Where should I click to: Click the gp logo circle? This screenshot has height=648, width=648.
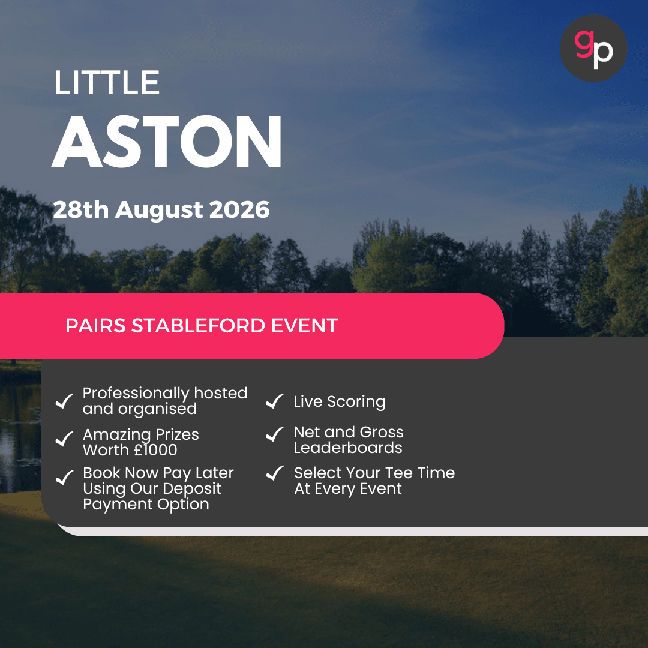(593, 48)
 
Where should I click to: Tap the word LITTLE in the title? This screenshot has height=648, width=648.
(107, 83)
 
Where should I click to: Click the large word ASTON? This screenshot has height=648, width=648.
(167, 141)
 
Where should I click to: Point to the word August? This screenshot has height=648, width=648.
(160, 210)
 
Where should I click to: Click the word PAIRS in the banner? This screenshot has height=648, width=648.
(95, 326)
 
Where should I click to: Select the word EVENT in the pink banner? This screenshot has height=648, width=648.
(304, 326)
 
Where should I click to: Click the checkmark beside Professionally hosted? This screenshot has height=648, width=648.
(64, 401)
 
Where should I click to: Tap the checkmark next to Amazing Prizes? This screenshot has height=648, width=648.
(64, 440)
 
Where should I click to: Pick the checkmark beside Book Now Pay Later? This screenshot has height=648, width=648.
(64, 478)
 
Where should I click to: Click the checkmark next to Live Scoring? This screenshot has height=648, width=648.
(274, 401)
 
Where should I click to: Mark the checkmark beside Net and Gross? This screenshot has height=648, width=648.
(274, 434)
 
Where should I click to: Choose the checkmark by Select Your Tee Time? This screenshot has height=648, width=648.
(274, 473)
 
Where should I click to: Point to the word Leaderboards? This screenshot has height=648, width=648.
(348, 448)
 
